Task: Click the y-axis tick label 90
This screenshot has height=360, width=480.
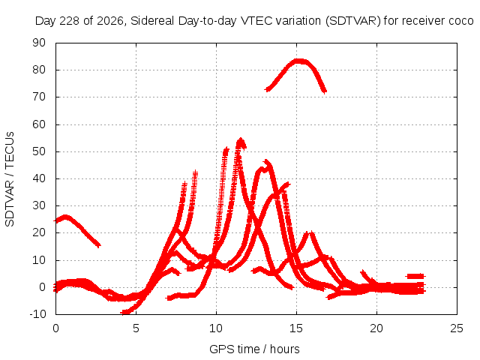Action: pyautogui.click(x=39, y=43)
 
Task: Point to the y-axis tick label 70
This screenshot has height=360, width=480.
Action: pyautogui.click(x=39, y=97)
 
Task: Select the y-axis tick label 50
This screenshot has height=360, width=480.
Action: pyautogui.click(x=39, y=151)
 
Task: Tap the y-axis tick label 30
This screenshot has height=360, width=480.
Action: pyautogui.click(x=39, y=205)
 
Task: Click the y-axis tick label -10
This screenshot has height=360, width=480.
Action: pyautogui.click(x=37, y=313)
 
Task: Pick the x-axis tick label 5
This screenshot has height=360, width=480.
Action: pyautogui.click(x=136, y=328)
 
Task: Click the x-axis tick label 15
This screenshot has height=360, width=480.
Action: pyautogui.click(x=296, y=328)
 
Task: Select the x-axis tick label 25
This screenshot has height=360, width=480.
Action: pyautogui.click(x=457, y=328)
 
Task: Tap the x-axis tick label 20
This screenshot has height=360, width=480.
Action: pyautogui.click(x=376, y=328)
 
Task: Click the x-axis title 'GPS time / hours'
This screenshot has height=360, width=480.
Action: pyautogui.click(x=254, y=349)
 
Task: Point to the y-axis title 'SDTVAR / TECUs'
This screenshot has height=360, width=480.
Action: pyautogui.click(x=10, y=179)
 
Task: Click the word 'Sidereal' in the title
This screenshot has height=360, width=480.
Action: pyautogui.click(x=152, y=21)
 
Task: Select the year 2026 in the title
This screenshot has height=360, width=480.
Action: pyautogui.click(x=110, y=21)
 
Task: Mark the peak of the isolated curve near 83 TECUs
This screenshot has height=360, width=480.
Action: pyautogui.click(x=298, y=61)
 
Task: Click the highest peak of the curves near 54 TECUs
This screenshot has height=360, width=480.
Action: pyautogui.click(x=241, y=141)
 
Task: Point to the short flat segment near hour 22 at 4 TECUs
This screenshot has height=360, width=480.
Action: pyautogui.click(x=415, y=277)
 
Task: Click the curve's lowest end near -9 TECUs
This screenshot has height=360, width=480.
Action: pyautogui.click(x=125, y=312)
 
